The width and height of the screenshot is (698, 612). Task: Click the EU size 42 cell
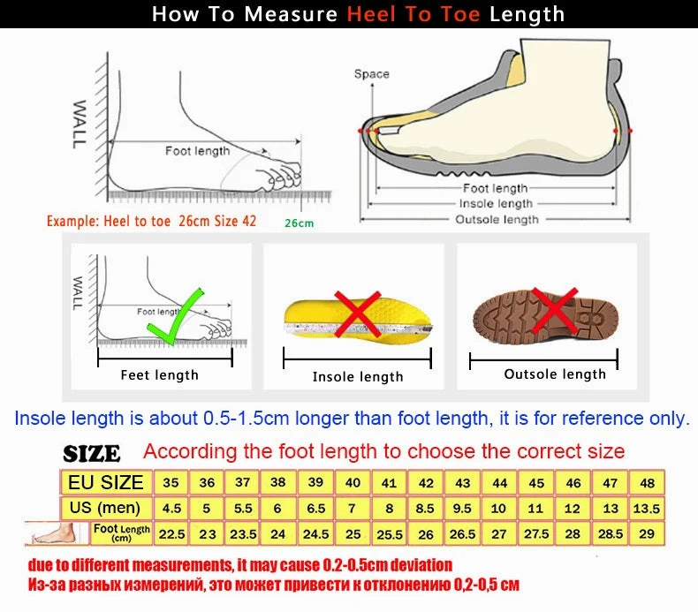(426, 483)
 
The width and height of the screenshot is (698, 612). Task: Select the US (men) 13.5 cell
(648, 509)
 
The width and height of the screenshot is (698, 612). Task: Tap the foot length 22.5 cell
(171, 534)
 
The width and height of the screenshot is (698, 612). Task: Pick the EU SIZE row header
(105, 482)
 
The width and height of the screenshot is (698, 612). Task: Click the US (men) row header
(105, 508)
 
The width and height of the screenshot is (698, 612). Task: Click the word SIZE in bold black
(92, 454)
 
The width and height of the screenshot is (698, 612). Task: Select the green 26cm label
(299, 223)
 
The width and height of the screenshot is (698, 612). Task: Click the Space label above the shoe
(371, 74)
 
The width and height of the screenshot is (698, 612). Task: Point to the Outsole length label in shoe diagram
(497, 219)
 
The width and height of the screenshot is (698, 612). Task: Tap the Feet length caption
(160, 375)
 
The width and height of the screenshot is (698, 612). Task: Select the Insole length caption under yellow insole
(358, 377)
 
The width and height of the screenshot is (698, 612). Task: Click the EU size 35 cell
(171, 483)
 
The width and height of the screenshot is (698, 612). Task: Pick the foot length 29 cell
(648, 534)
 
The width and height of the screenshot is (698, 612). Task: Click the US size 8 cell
(390, 509)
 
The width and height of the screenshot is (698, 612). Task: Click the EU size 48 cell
(648, 483)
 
